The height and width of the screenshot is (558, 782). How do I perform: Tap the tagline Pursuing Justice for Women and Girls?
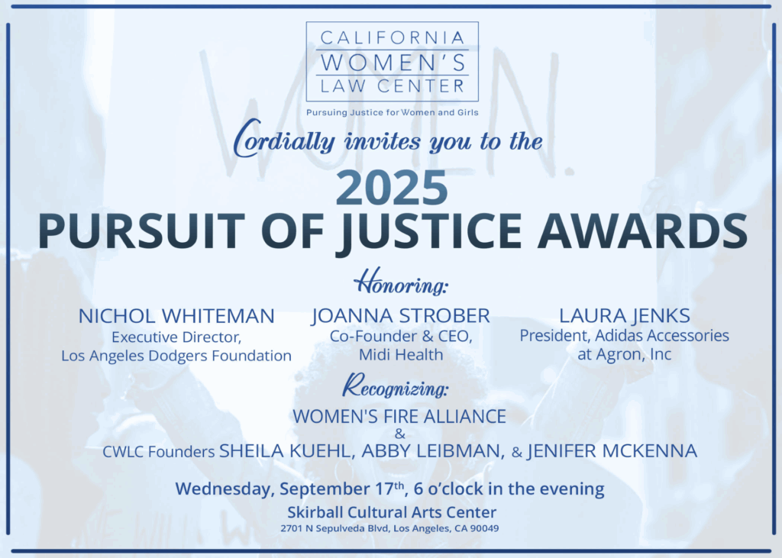click(392, 113)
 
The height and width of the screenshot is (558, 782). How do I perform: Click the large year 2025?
click(392, 188)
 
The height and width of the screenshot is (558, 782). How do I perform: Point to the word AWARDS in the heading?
click(642, 231)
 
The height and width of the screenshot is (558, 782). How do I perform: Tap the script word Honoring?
click(400, 282)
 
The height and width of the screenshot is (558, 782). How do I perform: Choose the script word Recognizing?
click(395, 386)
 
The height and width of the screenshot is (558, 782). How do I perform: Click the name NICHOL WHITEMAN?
click(176, 316)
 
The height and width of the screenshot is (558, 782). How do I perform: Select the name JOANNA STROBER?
click(401, 316)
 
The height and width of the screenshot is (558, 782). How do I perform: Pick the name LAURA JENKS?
click(625, 316)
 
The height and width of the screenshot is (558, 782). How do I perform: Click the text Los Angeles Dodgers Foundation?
click(176, 356)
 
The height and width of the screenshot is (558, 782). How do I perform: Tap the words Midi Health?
click(401, 354)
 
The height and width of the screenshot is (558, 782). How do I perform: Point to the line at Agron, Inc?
click(625, 354)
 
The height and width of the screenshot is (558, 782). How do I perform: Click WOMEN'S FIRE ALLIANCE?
click(399, 416)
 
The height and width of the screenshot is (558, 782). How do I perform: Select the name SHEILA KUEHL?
click(287, 451)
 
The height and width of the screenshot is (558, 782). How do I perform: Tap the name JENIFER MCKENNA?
click(612, 451)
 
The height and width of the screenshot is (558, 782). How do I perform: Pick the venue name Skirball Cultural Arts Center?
click(392, 512)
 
